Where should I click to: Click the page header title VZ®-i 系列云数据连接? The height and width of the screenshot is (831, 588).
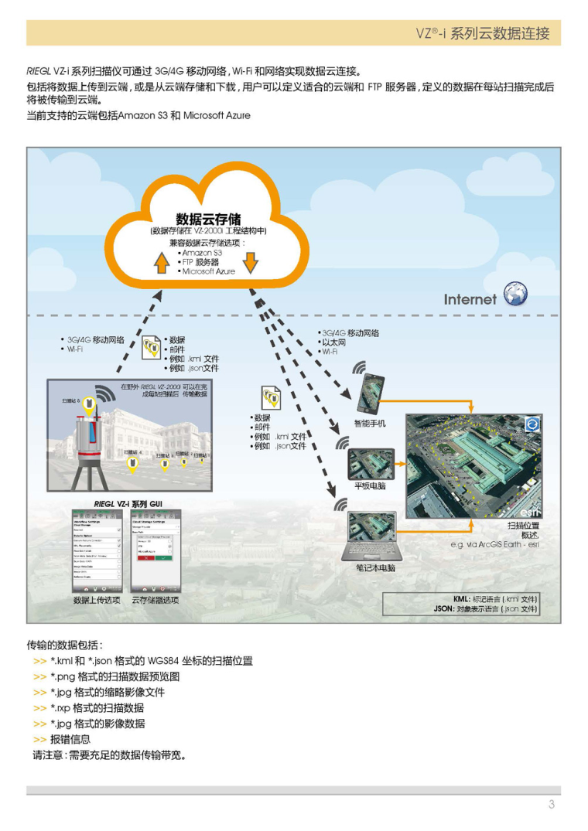483,34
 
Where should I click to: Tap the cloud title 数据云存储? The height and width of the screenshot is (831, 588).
208,220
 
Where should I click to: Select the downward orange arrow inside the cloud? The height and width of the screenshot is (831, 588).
250,264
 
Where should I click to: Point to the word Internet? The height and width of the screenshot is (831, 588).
470,299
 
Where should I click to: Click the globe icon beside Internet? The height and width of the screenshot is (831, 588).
515,295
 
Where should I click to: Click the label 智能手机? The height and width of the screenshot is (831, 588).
370,424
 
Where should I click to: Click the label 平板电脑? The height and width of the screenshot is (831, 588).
370,486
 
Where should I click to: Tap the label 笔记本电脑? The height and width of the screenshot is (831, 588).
370,568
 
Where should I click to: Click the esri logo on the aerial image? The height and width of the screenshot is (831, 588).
531,512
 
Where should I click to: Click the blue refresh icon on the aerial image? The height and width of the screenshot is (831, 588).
532,424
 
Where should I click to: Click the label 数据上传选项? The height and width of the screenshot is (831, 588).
97,601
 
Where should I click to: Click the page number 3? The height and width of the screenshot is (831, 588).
552,805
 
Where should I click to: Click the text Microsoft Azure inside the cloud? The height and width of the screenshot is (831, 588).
208,272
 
